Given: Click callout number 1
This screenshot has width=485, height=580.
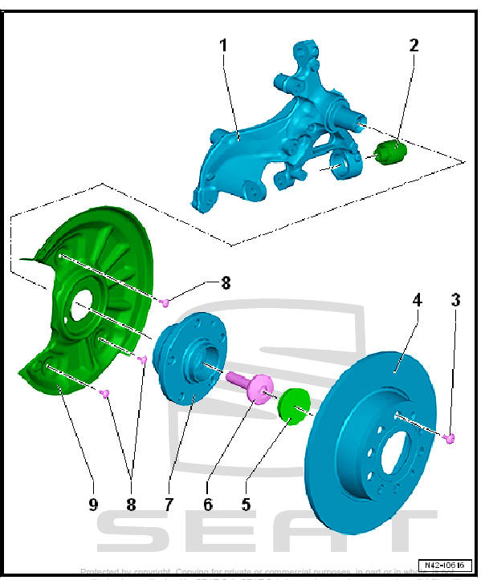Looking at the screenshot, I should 223,46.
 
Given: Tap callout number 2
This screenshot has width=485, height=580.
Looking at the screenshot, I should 414,46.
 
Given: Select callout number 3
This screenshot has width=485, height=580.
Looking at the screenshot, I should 455,301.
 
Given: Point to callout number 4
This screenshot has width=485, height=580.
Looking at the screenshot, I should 417,301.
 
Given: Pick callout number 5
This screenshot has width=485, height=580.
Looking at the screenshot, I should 246,505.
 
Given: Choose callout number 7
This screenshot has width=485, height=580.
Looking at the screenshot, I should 169,505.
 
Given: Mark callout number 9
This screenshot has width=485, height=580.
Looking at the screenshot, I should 93,505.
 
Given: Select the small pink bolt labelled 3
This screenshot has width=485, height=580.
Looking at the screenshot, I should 450,437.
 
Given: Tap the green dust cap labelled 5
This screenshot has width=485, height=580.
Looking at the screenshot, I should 291,405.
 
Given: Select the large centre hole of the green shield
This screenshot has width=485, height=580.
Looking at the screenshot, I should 83,306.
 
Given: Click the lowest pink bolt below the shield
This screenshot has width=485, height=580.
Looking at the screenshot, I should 104,392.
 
